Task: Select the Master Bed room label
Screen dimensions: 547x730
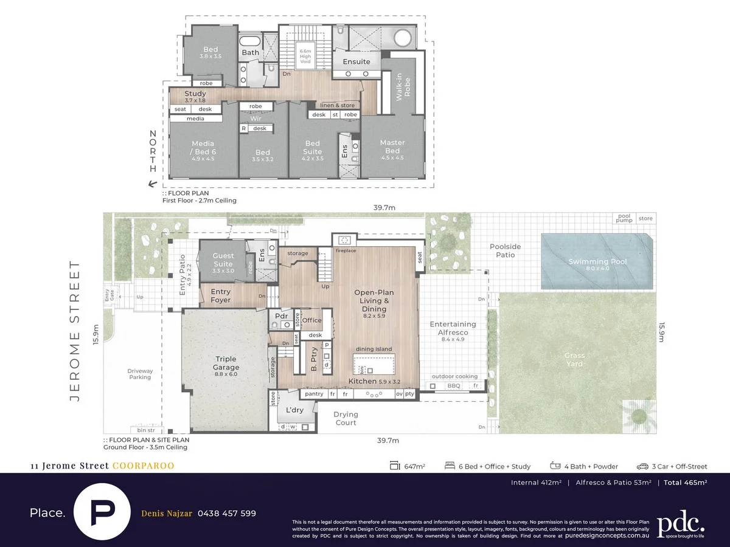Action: [x=392, y=146]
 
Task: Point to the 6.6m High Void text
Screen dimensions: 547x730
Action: [x=305, y=57]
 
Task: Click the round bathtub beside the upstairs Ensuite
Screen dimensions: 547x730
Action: [x=402, y=40]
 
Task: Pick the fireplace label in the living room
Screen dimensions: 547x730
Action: [x=346, y=250]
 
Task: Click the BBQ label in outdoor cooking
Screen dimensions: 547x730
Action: [x=454, y=385]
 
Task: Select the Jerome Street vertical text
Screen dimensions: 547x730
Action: [x=75, y=331]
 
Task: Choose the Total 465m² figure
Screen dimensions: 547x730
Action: [x=685, y=483]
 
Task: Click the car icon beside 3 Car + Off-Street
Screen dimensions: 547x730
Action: [x=642, y=466]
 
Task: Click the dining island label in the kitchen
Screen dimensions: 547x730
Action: [x=374, y=350]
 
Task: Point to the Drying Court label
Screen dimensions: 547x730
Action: [x=346, y=419]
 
